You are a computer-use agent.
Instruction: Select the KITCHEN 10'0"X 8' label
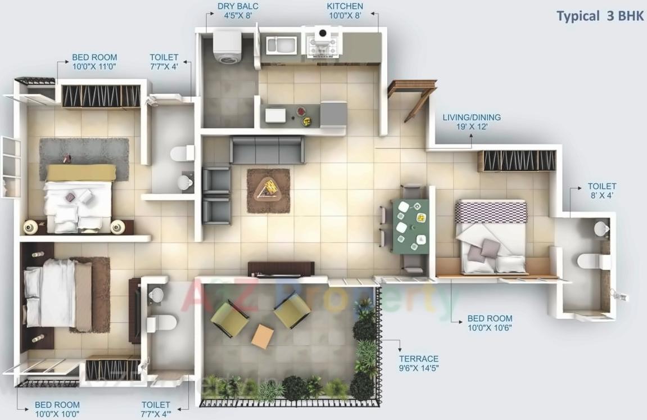[x=345, y=11]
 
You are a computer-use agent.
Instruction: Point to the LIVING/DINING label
[x=471, y=122]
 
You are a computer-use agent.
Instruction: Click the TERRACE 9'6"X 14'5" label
[x=419, y=363]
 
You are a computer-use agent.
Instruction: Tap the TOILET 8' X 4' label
[x=602, y=191]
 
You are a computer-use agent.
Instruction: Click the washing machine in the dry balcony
[x=227, y=47]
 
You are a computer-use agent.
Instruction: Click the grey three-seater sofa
[x=267, y=150]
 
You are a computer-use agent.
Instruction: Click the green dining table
[x=411, y=227]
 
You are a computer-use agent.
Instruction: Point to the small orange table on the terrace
[x=263, y=336]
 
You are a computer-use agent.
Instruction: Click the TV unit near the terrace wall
[x=279, y=269]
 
